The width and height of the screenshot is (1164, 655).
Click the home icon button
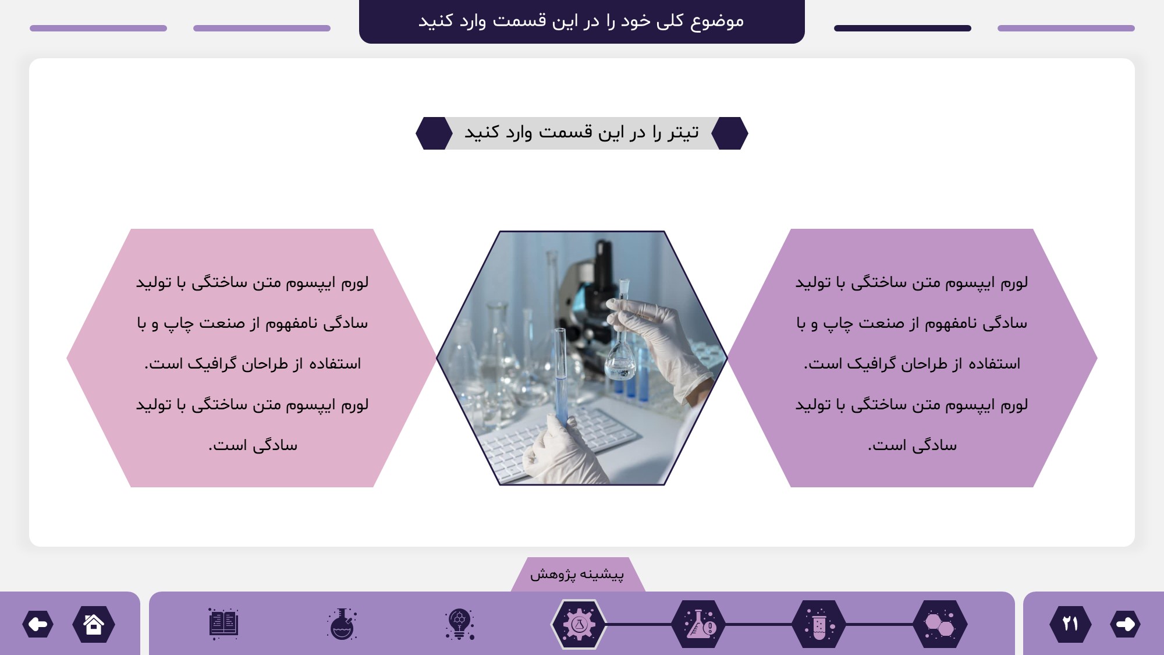coord(94,624)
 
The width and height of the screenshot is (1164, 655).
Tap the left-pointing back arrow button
coord(38,624)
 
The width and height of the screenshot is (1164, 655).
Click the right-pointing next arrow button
coord(1125,624)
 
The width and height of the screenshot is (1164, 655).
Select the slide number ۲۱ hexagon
coord(1070,624)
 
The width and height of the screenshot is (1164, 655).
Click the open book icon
coord(223,624)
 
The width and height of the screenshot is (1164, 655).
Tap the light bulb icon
coord(460,624)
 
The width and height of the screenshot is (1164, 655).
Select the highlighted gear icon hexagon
coord(579,624)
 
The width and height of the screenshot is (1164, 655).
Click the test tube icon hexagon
coord(819,624)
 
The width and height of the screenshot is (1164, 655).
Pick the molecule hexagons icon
coord(940,624)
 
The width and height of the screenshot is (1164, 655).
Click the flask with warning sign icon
coord(699,624)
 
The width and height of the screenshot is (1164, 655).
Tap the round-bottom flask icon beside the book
coord(342,624)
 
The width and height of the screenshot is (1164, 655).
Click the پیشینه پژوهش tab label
coord(577,575)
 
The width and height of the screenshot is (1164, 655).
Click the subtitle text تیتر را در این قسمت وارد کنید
coord(581,133)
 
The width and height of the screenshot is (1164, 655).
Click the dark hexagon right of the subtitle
coord(730,133)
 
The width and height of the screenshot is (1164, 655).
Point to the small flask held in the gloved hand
coord(621,344)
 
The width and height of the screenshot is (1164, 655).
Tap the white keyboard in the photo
coord(559,442)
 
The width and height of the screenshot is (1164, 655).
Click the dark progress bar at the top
coord(903,28)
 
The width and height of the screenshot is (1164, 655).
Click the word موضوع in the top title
coord(717,21)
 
